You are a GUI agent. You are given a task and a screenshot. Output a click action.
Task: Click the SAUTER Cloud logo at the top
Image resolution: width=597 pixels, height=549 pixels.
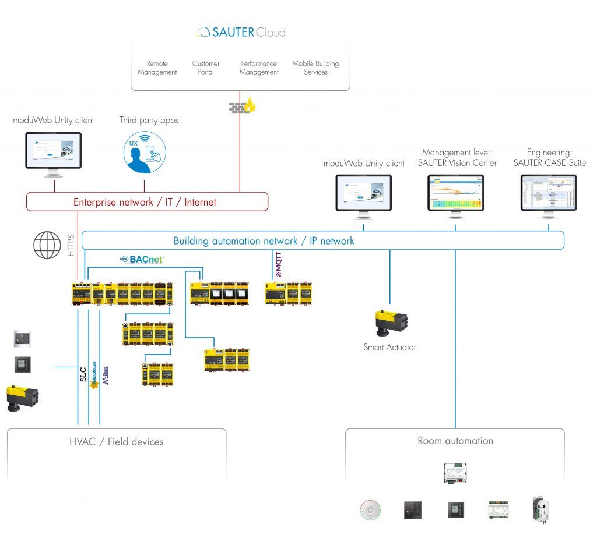(x=240, y=32)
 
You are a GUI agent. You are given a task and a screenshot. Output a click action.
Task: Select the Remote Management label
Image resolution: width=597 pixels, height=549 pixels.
(x=157, y=68)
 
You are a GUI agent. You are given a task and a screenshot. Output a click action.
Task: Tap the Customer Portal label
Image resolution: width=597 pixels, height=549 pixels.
(x=206, y=68)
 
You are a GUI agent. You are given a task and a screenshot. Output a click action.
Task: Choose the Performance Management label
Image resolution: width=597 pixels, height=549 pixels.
(x=259, y=68)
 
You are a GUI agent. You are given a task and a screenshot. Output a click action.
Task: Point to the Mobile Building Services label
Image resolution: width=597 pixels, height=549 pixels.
(x=315, y=68)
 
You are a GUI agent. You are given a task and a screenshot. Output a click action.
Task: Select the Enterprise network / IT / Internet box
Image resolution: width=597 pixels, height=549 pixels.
(x=147, y=202)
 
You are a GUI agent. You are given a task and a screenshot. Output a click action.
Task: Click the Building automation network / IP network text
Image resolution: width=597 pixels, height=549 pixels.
(x=264, y=240)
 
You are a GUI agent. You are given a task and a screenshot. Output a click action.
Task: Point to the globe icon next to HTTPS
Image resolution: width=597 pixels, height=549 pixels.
(x=47, y=245)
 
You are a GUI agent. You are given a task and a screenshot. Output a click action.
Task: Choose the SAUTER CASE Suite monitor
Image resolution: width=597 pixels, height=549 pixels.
(x=549, y=194)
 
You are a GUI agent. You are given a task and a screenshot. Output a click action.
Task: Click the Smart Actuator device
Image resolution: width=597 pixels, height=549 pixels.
(x=391, y=324)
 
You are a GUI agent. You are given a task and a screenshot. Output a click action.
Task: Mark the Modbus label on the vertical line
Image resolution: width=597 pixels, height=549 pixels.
(x=93, y=377)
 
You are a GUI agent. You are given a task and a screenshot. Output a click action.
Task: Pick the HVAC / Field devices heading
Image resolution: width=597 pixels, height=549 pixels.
(x=116, y=442)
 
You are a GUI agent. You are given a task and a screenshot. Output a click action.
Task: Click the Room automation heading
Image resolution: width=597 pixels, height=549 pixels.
(x=455, y=441)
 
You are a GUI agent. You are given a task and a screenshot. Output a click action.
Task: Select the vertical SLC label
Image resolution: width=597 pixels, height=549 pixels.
(x=83, y=373)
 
